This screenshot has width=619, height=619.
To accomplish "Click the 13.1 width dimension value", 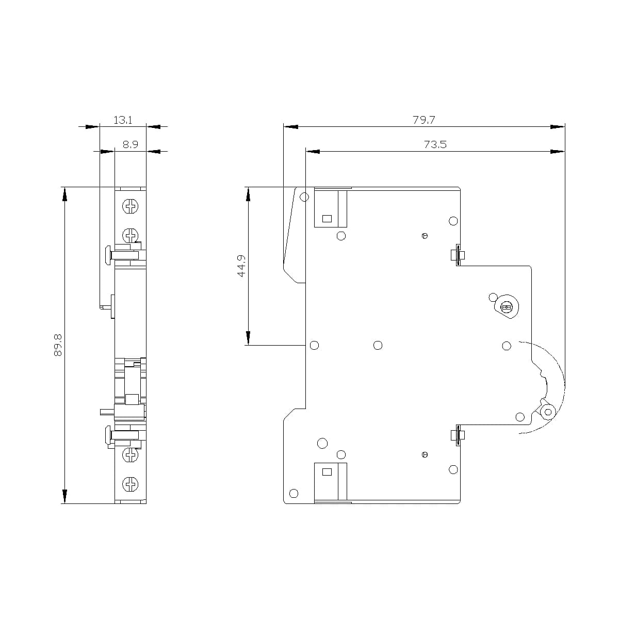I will (123, 120).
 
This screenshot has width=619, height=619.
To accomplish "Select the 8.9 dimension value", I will (130, 145).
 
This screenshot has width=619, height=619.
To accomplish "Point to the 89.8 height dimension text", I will (57, 345).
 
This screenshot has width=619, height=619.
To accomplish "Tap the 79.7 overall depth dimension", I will (423, 120).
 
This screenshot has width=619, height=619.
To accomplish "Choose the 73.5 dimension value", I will (435, 145).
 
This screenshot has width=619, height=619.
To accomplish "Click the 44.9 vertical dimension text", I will (241, 266).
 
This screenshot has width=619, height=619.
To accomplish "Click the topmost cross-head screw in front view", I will (130, 207).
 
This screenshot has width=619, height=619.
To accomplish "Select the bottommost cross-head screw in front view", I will (130, 484).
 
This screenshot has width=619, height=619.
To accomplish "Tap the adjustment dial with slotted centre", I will (506, 308).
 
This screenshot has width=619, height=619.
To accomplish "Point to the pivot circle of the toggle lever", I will (547, 412).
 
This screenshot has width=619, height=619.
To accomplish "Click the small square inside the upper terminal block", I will (327, 218).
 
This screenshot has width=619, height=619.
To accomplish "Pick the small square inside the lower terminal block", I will (327, 471).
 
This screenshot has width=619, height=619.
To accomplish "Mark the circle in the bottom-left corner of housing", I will (294, 493).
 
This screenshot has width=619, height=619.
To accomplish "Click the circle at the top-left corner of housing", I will (304, 197).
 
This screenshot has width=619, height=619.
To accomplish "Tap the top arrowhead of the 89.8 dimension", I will (65, 194).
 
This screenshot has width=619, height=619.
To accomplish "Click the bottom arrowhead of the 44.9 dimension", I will (248, 338).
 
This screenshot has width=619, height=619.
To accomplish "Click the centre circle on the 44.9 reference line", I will (378, 345).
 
